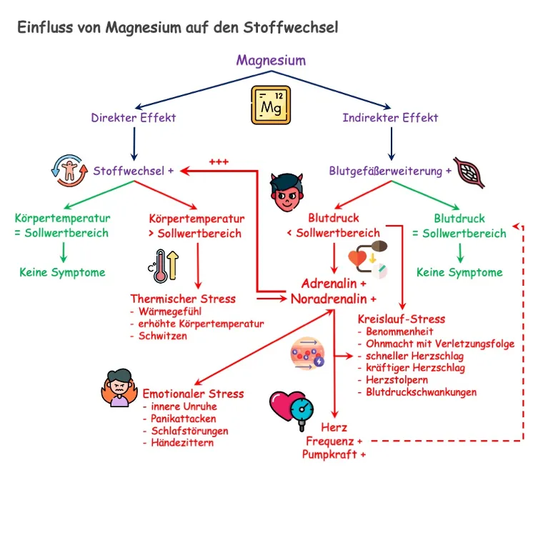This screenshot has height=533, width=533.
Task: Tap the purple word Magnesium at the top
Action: (271, 61)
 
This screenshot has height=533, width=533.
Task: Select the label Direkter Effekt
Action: (134, 117)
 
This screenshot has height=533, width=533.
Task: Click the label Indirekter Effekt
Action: (390, 117)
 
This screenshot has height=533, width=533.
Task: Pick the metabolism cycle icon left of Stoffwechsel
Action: (69, 171)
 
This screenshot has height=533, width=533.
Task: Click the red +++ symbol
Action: (219, 161)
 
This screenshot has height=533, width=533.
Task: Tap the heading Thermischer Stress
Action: (183, 299)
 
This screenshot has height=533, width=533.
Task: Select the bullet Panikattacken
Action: (184, 419)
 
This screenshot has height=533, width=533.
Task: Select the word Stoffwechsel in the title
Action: (292, 28)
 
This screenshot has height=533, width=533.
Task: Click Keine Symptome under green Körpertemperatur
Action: (62, 272)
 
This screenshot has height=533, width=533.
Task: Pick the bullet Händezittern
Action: (182, 443)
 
